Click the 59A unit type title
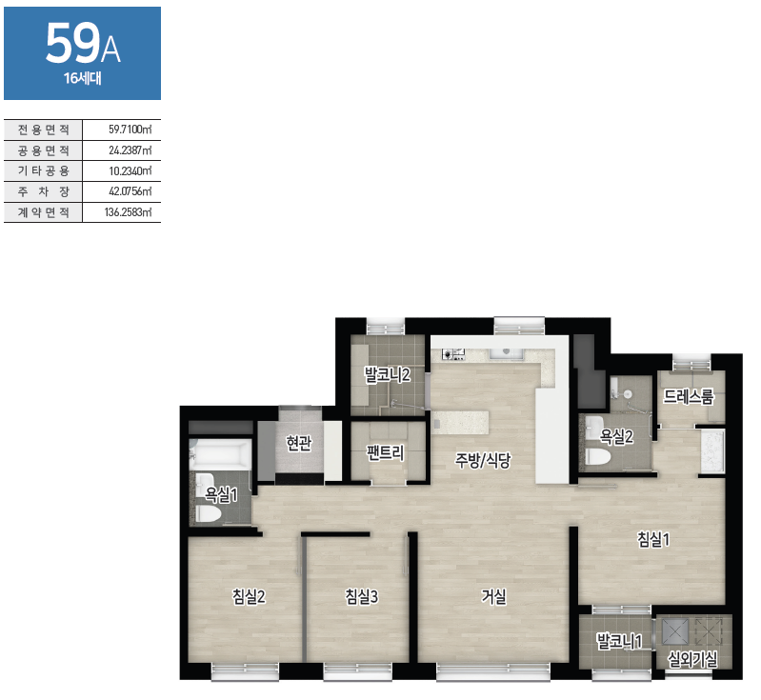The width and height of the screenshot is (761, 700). [x=83, y=44]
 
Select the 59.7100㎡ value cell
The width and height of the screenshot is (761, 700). [x=130, y=130]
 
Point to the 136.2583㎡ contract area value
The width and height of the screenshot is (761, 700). [x=128, y=212]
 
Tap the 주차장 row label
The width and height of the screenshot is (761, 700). [x=44, y=191]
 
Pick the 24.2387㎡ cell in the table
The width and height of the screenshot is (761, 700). [x=130, y=150]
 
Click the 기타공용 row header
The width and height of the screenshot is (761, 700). [x=44, y=170]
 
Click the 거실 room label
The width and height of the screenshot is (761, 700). [x=493, y=596]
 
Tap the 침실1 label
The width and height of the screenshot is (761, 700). [x=653, y=539]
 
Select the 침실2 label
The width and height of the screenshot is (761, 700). [x=249, y=596]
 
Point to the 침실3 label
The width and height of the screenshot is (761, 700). [x=362, y=596]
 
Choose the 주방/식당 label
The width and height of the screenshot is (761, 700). [x=483, y=460]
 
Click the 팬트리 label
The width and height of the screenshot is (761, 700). [x=385, y=452]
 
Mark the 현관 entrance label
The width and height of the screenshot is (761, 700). [x=298, y=443]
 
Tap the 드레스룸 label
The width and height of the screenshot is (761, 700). [x=689, y=396]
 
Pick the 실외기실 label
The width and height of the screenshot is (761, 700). [x=692, y=659]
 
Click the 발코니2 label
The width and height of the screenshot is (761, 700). [x=388, y=374]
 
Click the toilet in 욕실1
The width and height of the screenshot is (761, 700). [x=208, y=513]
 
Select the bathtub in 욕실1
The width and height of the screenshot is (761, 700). [x=221, y=455]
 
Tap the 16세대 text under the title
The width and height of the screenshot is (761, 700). [x=83, y=79]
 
